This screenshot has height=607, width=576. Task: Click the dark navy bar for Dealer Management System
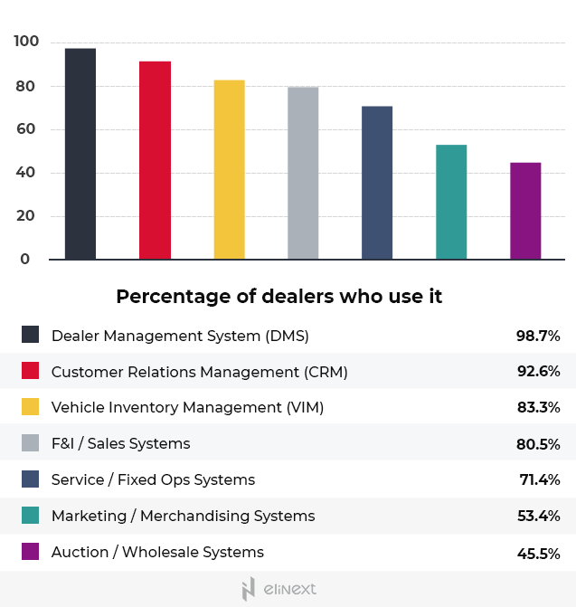(x=80, y=154)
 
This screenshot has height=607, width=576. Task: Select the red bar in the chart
(x=155, y=160)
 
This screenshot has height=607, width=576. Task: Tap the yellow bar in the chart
(x=229, y=170)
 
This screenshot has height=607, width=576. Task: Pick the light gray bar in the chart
(x=303, y=174)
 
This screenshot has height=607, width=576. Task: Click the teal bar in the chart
(x=451, y=202)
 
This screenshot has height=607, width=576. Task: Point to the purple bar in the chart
(x=525, y=211)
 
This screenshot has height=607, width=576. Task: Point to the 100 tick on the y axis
(x=26, y=42)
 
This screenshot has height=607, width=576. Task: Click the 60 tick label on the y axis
(x=26, y=129)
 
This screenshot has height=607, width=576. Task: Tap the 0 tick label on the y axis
(x=25, y=260)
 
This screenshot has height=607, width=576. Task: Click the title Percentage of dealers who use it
(x=279, y=297)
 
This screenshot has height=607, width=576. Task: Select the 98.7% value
(x=538, y=336)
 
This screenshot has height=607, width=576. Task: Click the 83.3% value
(x=538, y=408)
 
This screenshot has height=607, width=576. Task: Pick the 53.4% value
(x=538, y=516)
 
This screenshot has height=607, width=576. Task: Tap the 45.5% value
(x=538, y=552)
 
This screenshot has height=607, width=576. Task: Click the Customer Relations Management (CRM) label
(x=199, y=372)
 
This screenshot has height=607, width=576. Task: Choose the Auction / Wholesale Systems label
(x=157, y=552)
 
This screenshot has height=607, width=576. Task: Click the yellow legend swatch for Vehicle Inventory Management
(x=31, y=407)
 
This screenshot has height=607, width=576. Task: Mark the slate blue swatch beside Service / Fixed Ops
(x=31, y=479)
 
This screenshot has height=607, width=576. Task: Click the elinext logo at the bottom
(x=279, y=590)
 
